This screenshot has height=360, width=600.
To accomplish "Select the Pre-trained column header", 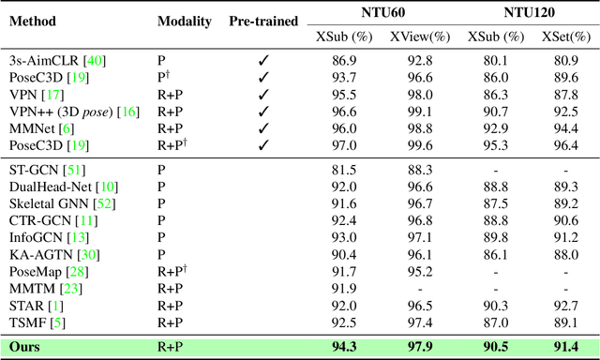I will [263, 21].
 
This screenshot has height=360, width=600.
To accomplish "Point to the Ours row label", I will [24, 347].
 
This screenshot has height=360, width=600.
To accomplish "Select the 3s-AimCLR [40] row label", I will [57, 61].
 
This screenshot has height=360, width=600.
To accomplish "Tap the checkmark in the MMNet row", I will [263, 128].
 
